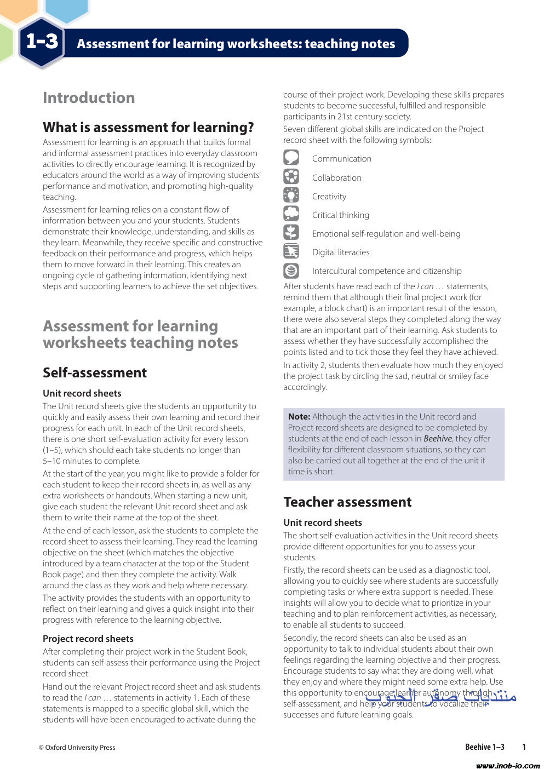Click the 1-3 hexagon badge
click(x=42, y=42)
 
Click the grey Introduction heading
click(x=89, y=97)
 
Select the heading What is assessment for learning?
click(x=148, y=127)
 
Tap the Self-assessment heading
click(x=95, y=372)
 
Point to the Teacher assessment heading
click(x=347, y=502)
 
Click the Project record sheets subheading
click(x=88, y=639)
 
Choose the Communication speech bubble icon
click(x=291, y=158)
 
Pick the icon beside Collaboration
click(x=291, y=176)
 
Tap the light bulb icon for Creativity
click(x=291, y=195)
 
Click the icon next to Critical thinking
click(x=291, y=214)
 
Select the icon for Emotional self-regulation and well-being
click(x=291, y=232)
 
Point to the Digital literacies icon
click(x=291, y=251)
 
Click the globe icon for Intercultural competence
click(x=291, y=270)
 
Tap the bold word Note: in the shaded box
click(x=299, y=417)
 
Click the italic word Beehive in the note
click(x=438, y=439)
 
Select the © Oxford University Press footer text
click(x=77, y=747)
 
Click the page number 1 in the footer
click(x=524, y=747)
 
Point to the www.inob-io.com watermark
click(x=508, y=765)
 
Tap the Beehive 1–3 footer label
click(x=485, y=747)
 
